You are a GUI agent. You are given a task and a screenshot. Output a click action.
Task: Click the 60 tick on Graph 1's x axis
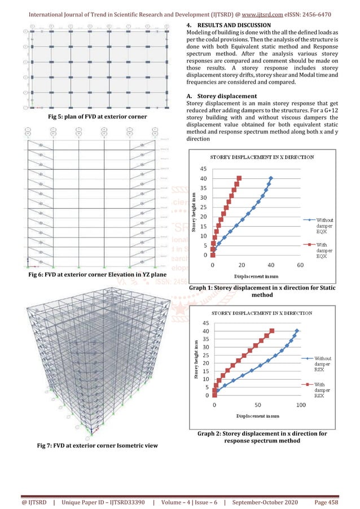(x=300, y=264)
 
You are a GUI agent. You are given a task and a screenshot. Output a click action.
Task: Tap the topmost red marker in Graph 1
(x=239, y=178)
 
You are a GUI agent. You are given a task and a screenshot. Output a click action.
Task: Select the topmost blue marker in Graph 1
(x=271, y=178)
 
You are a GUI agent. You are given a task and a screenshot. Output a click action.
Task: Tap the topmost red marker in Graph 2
(x=272, y=331)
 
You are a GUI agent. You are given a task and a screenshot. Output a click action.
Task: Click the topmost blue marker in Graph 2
(x=297, y=331)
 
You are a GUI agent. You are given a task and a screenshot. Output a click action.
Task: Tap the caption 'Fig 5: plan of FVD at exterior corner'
(x=90, y=116)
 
